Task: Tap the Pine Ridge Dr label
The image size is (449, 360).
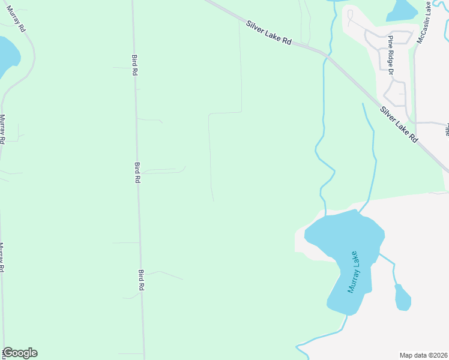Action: [x=390, y=55]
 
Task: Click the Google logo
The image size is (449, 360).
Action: [x=20, y=353]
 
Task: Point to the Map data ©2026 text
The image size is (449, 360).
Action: [x=423, y=355]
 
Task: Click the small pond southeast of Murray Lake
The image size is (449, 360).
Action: [x=402, y=298]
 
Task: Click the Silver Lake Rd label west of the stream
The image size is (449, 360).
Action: [x=269, y=32]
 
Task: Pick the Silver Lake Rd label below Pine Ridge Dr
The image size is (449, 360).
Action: [x=399, y=124]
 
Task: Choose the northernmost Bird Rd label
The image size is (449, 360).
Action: [x=134, y=65]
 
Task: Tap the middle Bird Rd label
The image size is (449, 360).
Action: [x=137, y=172]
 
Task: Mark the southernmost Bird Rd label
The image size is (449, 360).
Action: [x=142, y=280]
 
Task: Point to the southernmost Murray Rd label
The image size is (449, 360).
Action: [x=2, y=257]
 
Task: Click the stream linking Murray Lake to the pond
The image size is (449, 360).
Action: [x=390, y=264]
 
